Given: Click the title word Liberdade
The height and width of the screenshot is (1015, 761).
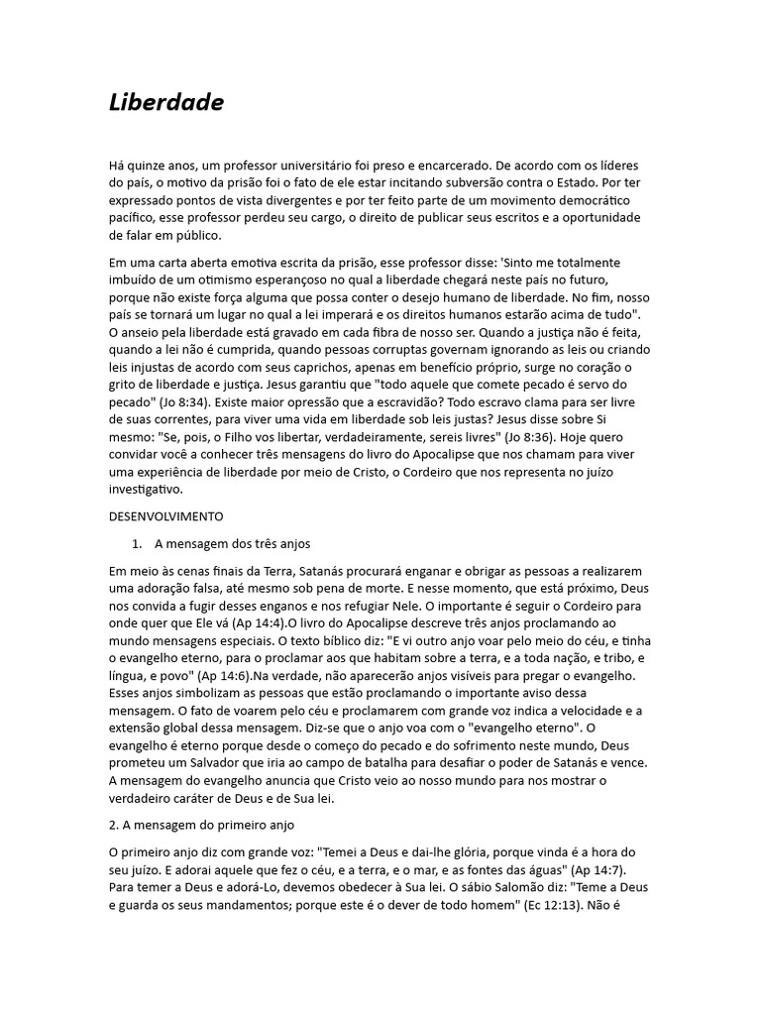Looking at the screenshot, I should click(x=166, y=103).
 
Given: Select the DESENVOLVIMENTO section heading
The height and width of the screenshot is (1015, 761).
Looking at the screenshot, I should click(x=165, y=516).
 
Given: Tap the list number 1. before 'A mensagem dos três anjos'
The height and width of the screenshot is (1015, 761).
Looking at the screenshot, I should click(x=138, y=544).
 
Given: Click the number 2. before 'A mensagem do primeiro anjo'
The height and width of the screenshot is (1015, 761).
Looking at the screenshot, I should click(x=114, y=825).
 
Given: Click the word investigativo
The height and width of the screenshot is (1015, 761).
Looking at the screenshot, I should click(x=147, y=490).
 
